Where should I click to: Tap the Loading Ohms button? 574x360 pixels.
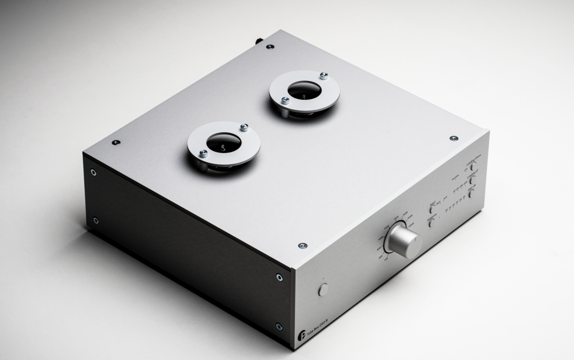(473, 166)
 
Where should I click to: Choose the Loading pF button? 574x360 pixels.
(472, 180)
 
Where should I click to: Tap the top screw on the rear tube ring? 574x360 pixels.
(324, 76)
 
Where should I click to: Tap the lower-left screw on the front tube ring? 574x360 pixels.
(204, 153)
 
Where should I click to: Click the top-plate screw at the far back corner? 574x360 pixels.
(270, 47)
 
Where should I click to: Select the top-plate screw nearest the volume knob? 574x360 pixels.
(303, 246)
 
